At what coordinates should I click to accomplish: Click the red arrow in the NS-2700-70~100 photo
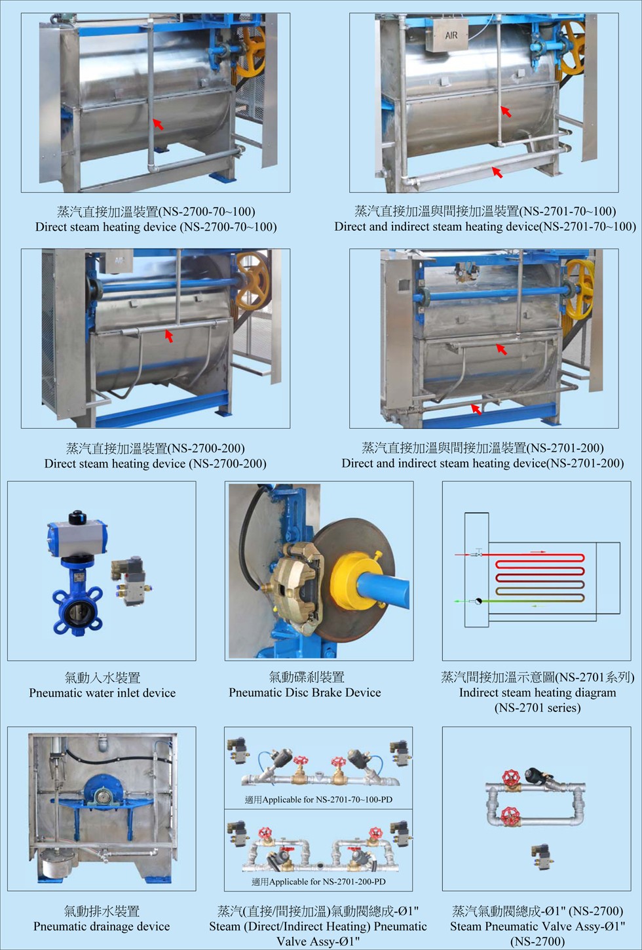158,124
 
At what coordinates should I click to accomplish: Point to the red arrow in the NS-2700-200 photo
168,336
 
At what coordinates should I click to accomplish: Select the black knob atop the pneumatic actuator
77,517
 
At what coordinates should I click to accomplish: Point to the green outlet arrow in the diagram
460,601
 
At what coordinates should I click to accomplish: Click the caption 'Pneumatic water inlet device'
102,692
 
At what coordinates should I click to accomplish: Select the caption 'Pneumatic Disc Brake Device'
305,692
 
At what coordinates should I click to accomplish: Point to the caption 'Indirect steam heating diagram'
537,692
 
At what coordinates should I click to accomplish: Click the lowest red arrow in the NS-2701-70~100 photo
497,172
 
